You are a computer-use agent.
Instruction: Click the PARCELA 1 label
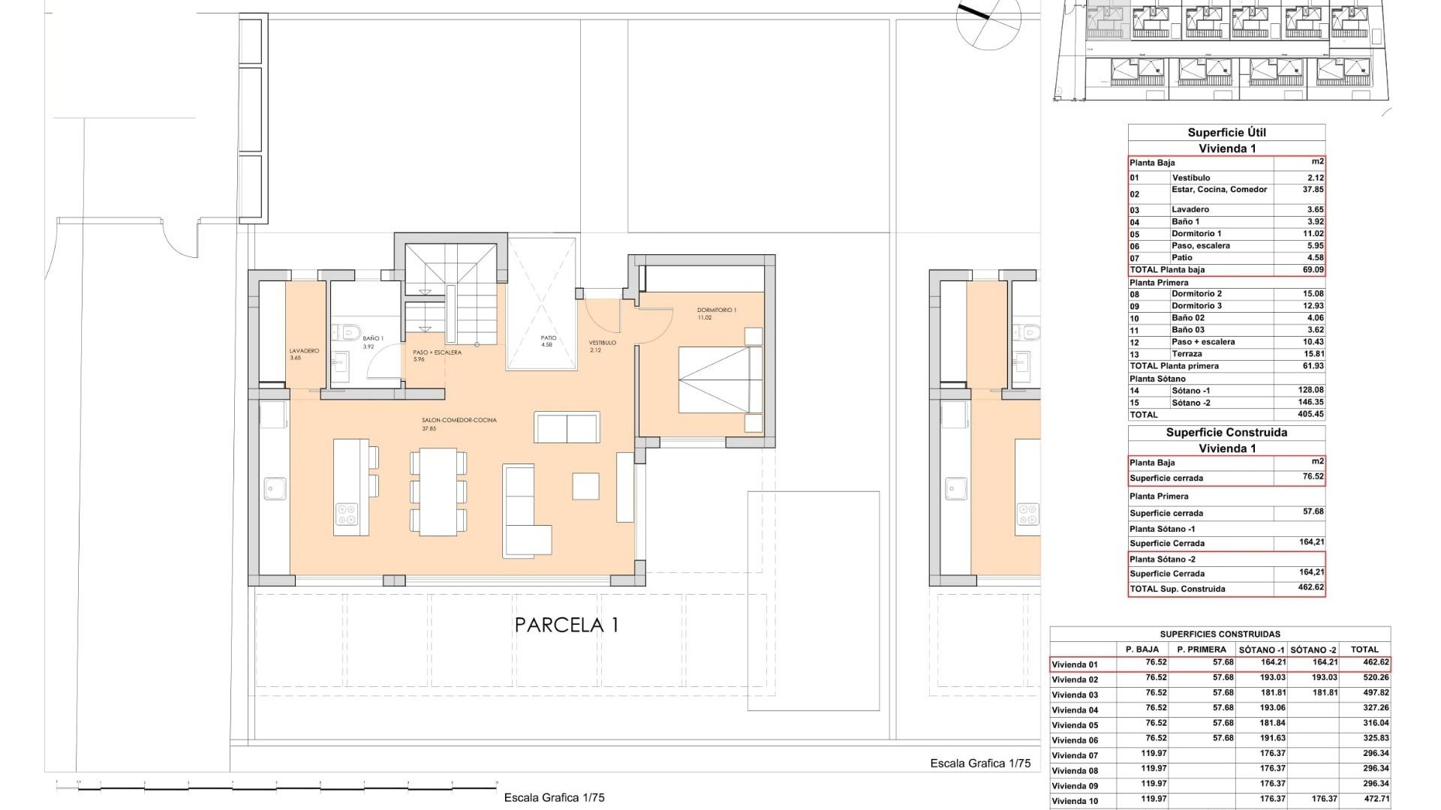tap(567, 625)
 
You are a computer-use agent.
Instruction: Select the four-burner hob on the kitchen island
tap(347, 514)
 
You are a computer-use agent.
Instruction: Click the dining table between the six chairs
tap(438, 492)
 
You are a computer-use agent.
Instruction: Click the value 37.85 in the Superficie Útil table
tap(1313, 190)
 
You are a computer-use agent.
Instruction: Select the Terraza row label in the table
tap(1187, 354)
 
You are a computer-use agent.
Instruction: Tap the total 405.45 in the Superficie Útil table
tap(1310, 414)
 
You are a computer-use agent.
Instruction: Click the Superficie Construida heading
tap(1226, 433)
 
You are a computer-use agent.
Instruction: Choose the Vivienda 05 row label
tap(1074, 725)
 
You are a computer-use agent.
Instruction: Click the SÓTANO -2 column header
tap(1313, 649)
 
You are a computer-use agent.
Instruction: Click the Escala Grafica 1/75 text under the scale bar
tap(554, 798)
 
